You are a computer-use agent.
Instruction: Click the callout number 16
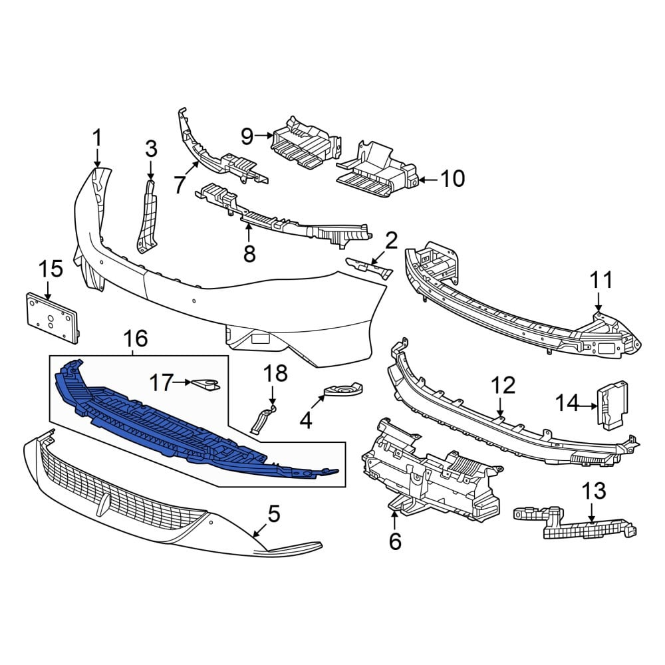[x=135, y=338]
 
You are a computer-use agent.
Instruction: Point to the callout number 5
[x=274, y=513]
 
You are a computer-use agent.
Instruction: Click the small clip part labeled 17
[x=206, y=384]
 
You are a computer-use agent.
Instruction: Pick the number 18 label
[x=275, y=374]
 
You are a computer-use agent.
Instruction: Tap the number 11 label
[x=601, y=280]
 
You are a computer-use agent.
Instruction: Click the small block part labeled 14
[x=612, y=405]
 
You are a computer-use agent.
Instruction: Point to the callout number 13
[x=593, y=491]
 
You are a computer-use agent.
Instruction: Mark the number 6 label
[x=395, y=541]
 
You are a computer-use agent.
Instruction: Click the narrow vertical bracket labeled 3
[x=146, y=216]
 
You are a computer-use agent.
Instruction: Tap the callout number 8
[x=249, y=253]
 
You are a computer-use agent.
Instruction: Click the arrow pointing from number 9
[x=265, y=136]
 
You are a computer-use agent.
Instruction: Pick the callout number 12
[x=503, y=385]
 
